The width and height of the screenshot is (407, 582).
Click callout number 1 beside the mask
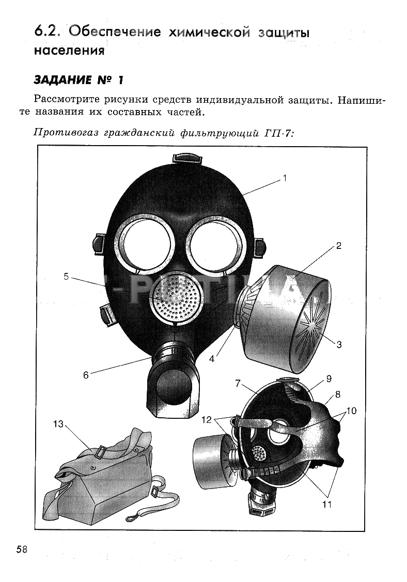coord(285,179)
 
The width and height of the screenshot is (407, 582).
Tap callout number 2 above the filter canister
coord(339,246)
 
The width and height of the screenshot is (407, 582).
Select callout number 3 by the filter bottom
coord(339,344)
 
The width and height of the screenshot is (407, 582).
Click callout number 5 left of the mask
coord(66,276)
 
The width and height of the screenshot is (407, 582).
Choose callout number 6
coord(86,375)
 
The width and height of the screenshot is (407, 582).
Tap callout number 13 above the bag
coord(59,424)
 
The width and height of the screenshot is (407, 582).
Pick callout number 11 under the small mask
coord(327,504)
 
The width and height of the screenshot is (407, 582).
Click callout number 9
coord(328,379)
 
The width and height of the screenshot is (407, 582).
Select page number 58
coord(22,549)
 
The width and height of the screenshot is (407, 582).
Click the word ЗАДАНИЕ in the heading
coord(62,80)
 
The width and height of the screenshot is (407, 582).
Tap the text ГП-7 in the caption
coord(278,133)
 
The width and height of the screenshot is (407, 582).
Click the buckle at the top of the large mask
coord(187,159)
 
